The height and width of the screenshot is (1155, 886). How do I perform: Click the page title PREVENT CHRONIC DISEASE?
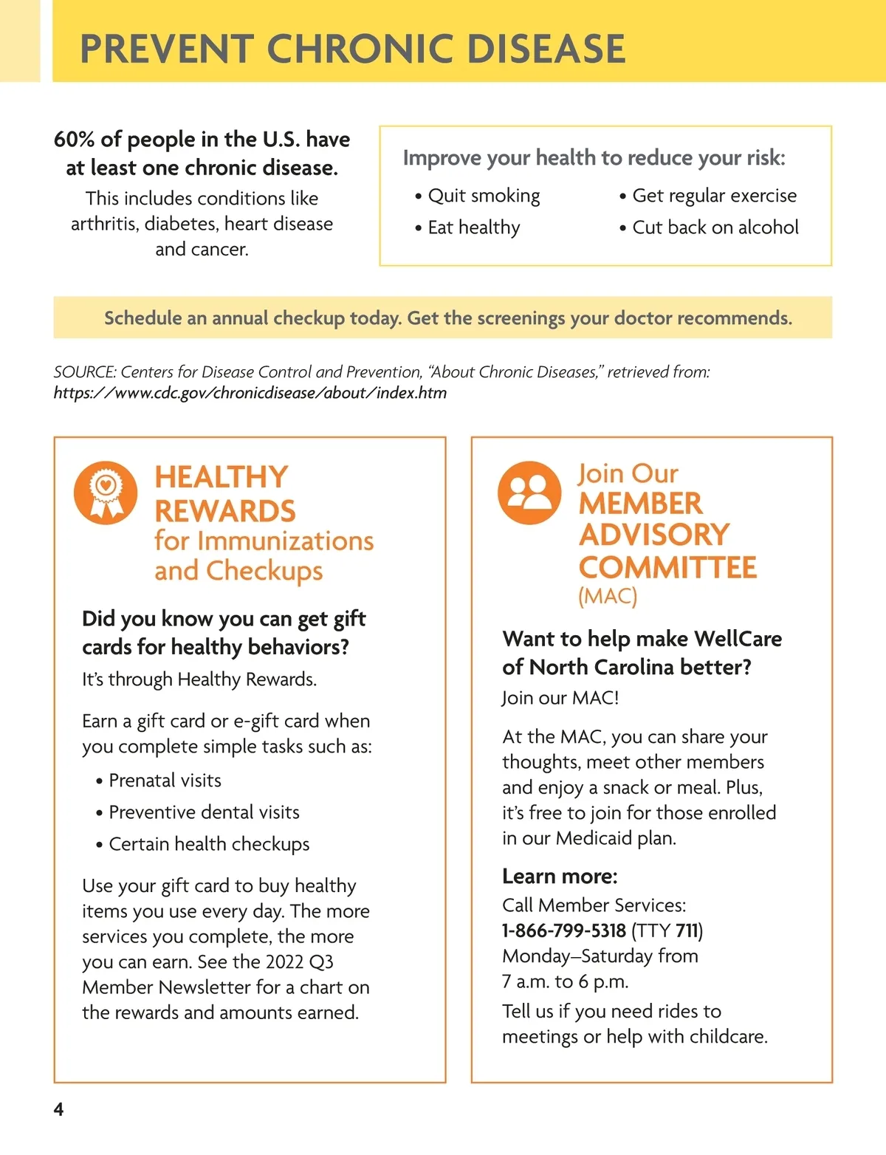[x=352, y=49]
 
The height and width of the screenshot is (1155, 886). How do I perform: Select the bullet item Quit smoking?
[x=484, y=196]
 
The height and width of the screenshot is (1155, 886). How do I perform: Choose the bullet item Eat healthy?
[x=474, y=227]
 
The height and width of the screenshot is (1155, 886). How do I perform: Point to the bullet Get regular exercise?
[x=714, y=196]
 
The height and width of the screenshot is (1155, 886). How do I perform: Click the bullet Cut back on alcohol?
[x=715, y=227]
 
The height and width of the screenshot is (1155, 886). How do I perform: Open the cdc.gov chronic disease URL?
[x=250, y=393]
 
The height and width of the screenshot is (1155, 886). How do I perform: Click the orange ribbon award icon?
[x=106, y=493]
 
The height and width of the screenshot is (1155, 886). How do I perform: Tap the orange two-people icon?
[x=529, y=493]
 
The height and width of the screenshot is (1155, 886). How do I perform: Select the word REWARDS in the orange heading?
[x=224, y=511]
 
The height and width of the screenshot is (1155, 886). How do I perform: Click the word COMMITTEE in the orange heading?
[x=667, y=568]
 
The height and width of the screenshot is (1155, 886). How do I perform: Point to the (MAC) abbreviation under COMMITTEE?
[x=607, y=596]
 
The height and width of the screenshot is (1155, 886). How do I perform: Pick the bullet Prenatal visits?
[x=165, y=781]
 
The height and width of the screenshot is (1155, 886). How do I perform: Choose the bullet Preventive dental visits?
[x=204, y=812]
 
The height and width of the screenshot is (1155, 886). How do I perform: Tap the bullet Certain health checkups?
[x=209, y=844]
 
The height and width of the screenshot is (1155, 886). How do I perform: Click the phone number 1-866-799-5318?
[x=564, y=930]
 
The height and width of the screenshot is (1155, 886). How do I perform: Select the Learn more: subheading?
[x=560, y=877]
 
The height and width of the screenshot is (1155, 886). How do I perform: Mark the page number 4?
[x=58, y=1109]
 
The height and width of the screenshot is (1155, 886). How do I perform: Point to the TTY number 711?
[x=686, y=930]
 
